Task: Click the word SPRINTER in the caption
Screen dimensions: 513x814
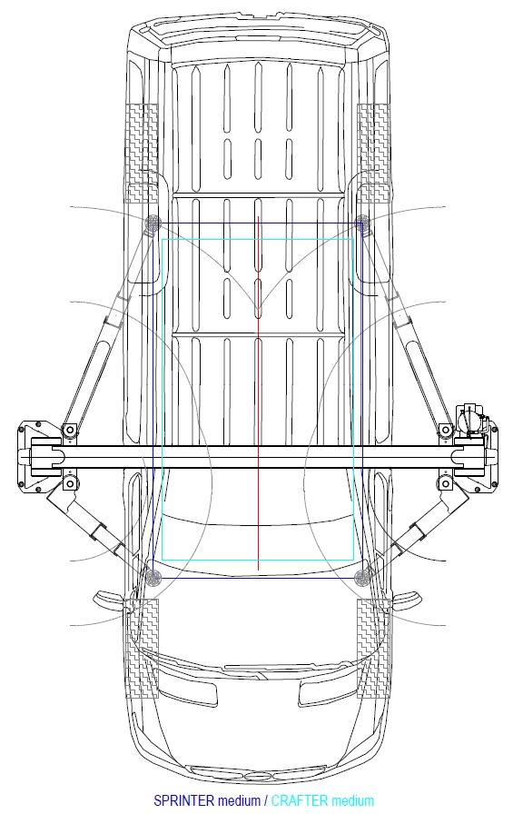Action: [183, 800]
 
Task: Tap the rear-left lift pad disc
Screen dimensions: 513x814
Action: [153, 223]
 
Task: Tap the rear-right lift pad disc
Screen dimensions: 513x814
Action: [362, 223]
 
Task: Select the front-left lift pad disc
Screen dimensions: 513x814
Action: [153, 577]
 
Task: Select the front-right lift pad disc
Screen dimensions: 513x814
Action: [362, 577]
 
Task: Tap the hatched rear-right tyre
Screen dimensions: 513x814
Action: [373, 154]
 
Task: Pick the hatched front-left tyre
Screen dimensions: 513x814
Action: [143, 648]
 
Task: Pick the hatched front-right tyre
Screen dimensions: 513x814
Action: [373, 648]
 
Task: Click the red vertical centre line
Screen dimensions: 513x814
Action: [258, 393]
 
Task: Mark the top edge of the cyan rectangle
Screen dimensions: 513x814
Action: [258, 240]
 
